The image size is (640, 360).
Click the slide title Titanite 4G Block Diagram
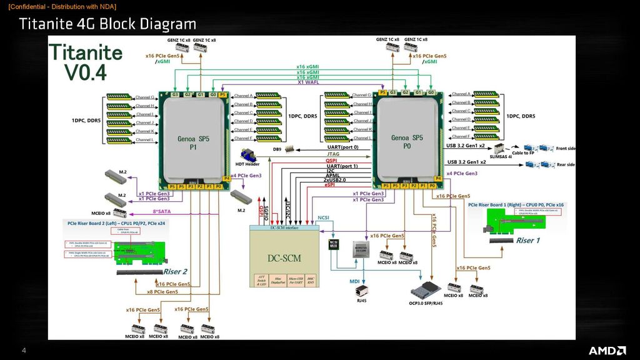coord(107,24)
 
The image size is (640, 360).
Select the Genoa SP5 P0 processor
coord(407,138)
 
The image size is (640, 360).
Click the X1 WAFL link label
coord(309,82)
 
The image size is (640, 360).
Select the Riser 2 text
coord(175,271)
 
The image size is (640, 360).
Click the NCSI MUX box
coord(334,244)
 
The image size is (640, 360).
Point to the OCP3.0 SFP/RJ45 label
coord(422,304)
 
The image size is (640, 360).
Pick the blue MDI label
coord(354,281)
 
